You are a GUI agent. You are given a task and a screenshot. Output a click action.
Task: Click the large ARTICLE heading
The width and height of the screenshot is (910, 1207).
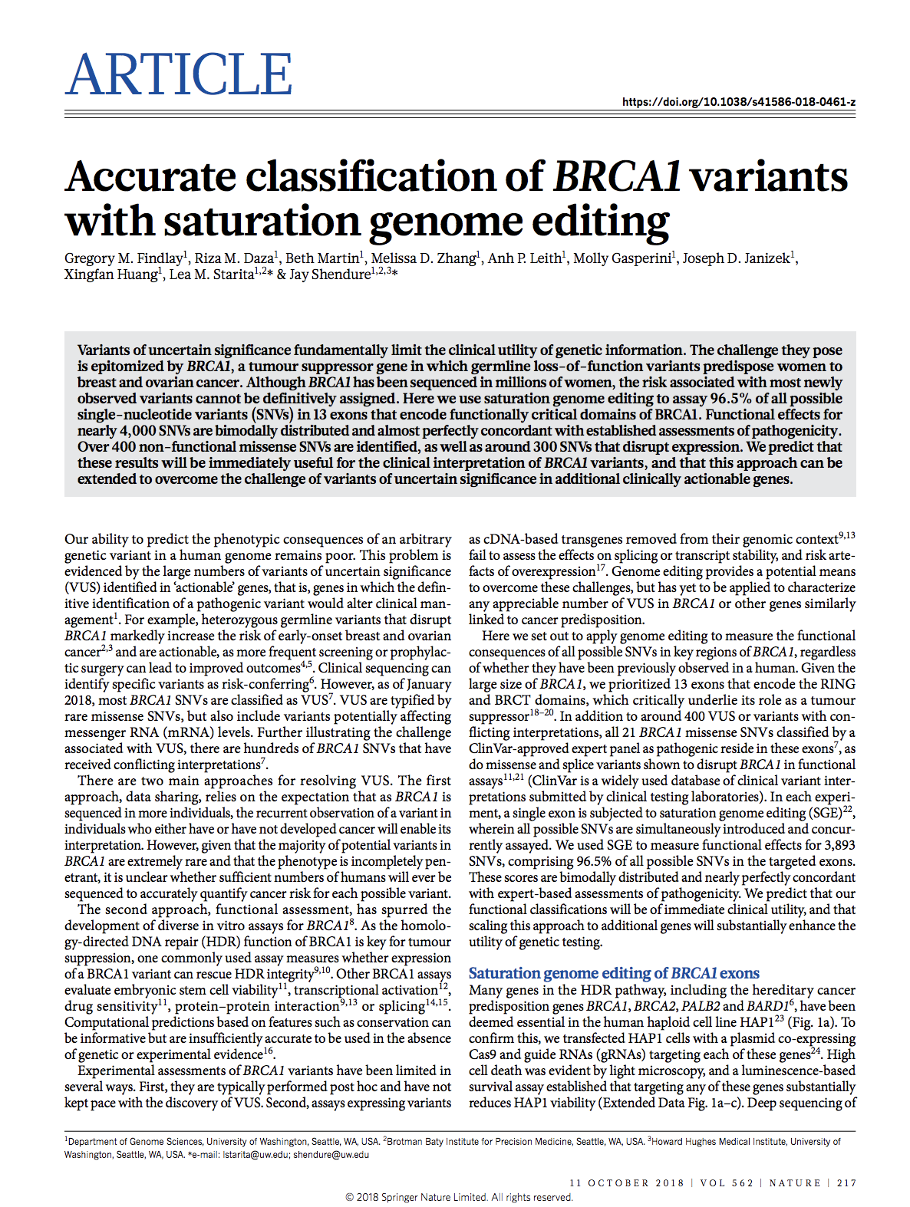pyautogui.click(x=179, y=74)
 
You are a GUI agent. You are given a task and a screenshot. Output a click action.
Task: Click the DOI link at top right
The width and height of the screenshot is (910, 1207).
pyautogui.click(x=739, y=102)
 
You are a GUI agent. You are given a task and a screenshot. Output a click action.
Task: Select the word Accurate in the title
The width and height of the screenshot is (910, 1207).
pyautogui.click(x=150, y=176)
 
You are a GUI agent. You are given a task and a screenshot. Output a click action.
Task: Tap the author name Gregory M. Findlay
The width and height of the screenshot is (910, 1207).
pyautogui.click(x=124, y=258)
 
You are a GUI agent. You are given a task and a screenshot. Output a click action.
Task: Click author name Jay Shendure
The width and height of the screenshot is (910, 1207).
pyautogui.click(x=330, y=275)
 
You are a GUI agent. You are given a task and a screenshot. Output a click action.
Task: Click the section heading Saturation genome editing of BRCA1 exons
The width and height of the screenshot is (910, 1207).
pyautogui.click(x=614, y=973)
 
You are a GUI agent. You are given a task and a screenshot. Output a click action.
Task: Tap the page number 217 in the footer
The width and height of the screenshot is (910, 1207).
pyautogui.click(x=846, y=1182)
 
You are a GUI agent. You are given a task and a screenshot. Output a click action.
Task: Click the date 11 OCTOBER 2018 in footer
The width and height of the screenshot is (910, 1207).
pyautogui.click(x=627, y=1182)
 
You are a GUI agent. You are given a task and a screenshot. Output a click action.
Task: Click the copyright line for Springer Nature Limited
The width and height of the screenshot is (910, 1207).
pyautogui.click(x=459, y=1197)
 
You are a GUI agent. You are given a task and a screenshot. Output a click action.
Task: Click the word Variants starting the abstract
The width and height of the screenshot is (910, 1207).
pyautogui.click(x=105, y=350)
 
